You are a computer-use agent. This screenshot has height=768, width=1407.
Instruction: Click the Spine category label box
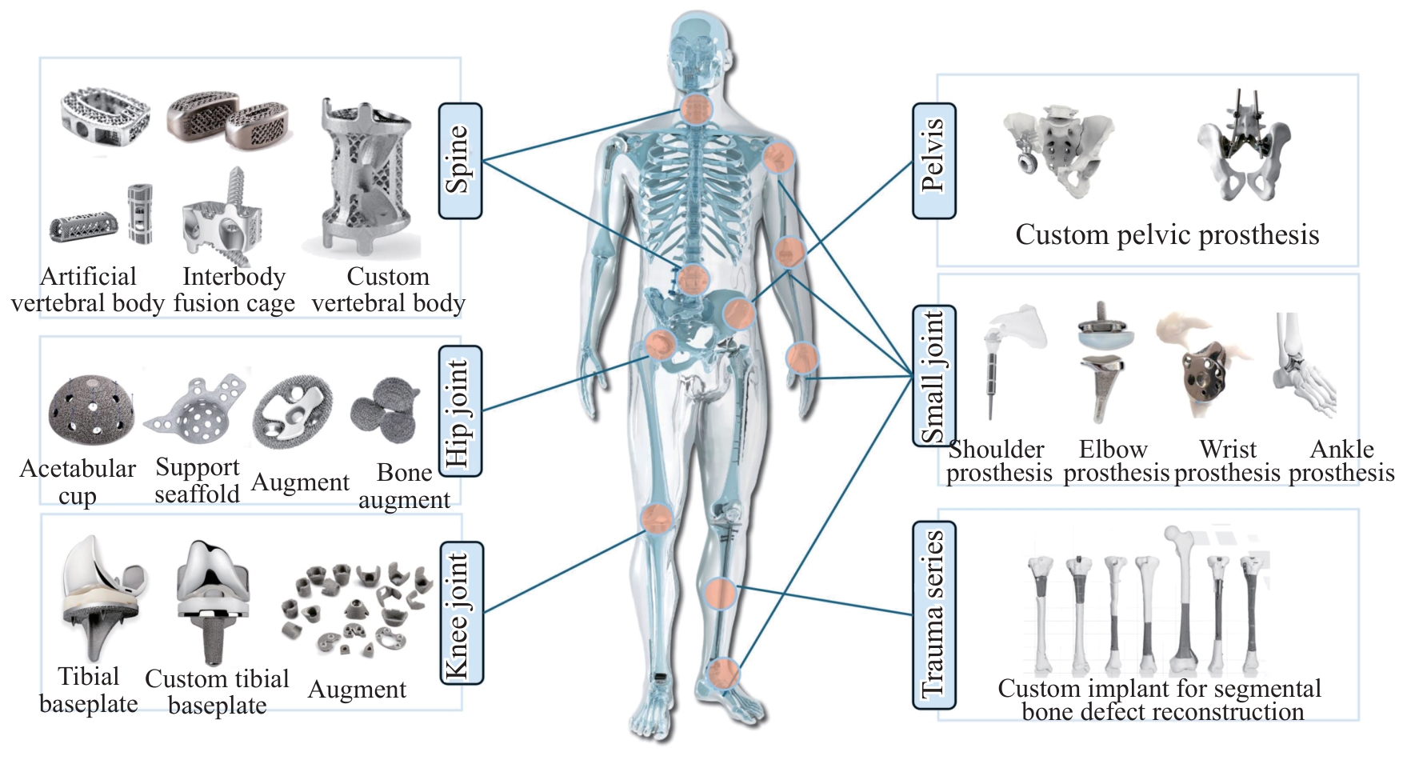coord(460,161)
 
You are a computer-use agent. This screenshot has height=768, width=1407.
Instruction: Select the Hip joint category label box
coord(460,411)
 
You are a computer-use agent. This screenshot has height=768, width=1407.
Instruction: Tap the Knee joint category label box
coord(462,613)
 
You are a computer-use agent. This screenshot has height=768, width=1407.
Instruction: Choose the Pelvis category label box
coord(933,161)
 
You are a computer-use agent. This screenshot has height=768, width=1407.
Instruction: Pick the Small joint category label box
coord(933,375)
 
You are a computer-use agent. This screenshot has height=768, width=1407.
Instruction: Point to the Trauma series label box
coord(933,614)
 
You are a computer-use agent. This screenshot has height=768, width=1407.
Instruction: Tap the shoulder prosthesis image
coord(1012,360)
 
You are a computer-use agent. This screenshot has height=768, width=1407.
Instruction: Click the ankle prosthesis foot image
coord(1304,364)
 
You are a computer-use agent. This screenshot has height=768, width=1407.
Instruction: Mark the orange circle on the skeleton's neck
coord(697,109)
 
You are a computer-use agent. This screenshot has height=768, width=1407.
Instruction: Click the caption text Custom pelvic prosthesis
coord(1167,234)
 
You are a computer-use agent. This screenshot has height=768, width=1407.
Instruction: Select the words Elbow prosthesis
coord(1115,461)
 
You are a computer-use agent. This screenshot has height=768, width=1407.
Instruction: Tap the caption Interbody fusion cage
coord(234,290)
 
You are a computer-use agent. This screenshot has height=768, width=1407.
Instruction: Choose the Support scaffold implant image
coord(198,406)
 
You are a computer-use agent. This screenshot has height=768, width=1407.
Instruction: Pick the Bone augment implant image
coord(385,411)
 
